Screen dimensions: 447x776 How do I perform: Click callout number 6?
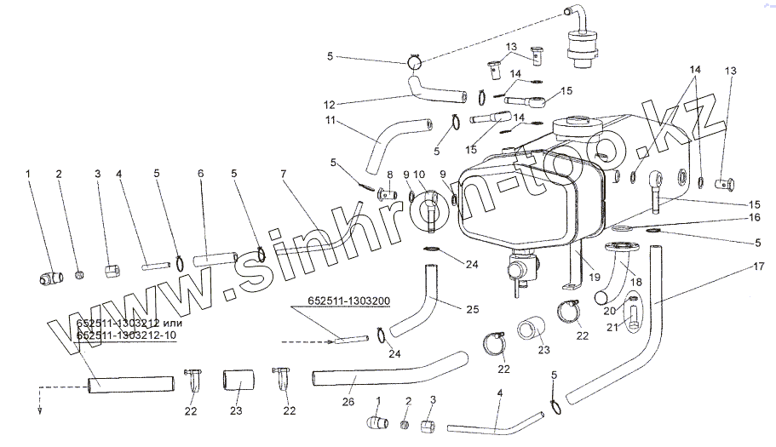201,174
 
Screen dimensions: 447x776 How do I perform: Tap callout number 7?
282,174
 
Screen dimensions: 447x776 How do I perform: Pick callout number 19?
595,276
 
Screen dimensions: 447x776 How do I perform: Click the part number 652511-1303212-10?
127,335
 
